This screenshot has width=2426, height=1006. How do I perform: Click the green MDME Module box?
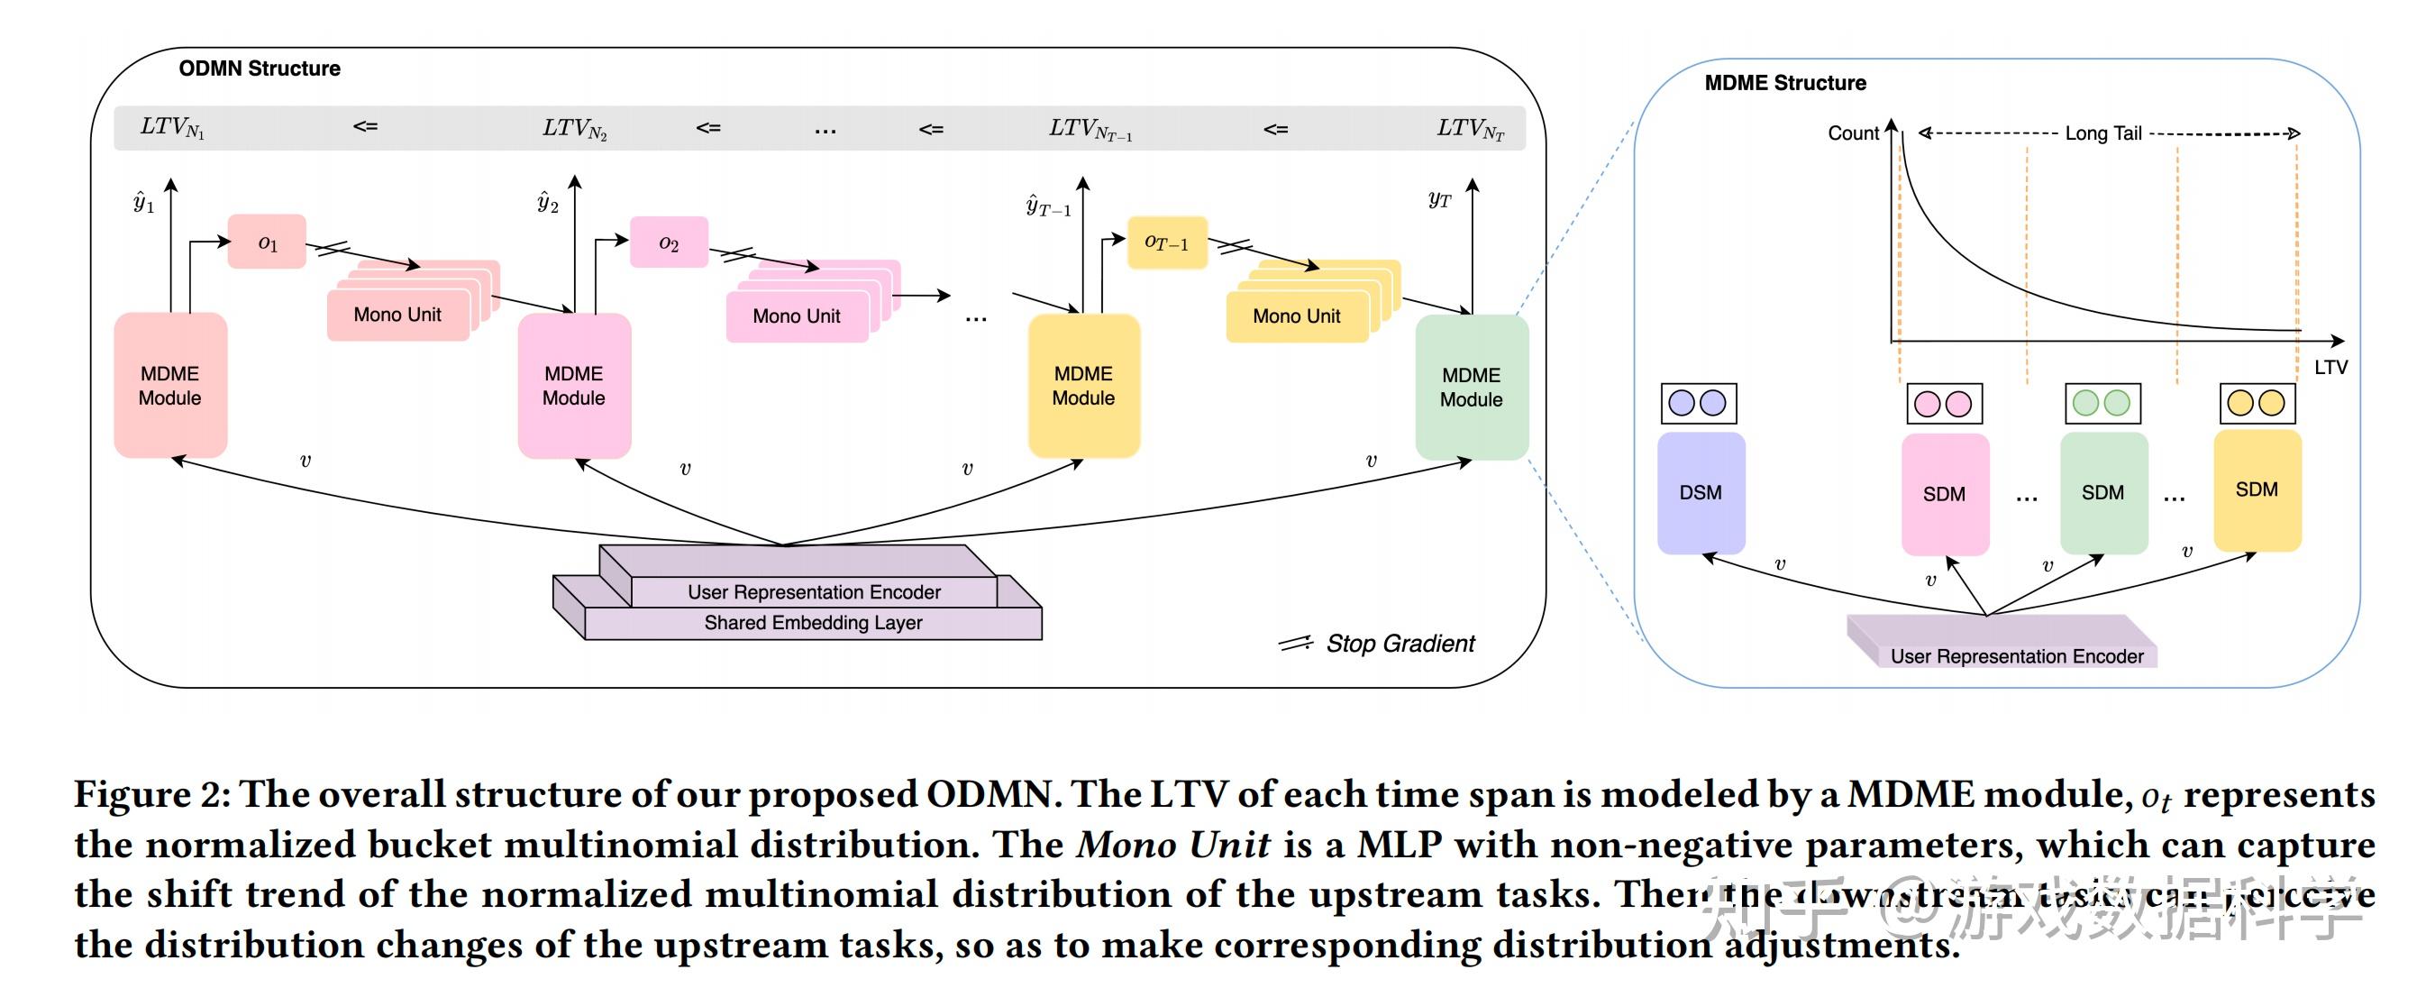click(1471, 387)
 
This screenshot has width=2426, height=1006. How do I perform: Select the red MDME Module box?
click(169, 385)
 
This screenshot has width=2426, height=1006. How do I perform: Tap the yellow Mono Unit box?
click(1296, 316)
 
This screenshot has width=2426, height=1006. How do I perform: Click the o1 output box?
click(268, 243)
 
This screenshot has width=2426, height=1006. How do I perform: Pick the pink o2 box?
click(669, 243)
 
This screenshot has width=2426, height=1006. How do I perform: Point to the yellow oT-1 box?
click(1167, 242)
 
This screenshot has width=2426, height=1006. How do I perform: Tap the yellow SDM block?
click(2257, 489)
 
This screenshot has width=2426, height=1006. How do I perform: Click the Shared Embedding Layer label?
click(813, 623)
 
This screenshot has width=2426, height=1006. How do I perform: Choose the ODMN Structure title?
click(260, 69)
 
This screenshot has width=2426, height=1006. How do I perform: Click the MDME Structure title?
click(1784, 83)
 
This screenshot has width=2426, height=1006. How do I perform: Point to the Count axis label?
click(1853, 133)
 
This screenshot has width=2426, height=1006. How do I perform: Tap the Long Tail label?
click(2103, 133)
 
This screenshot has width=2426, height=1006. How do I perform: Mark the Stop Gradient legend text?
click(1400, 644)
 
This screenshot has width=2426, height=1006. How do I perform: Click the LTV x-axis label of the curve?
click(2330, 368)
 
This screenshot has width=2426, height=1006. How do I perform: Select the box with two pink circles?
click(1944, 404)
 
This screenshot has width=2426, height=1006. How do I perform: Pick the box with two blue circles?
click(1698, 403)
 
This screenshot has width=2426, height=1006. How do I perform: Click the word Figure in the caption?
click(132, 794)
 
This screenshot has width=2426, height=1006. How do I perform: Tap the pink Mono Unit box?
click(796, 316)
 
